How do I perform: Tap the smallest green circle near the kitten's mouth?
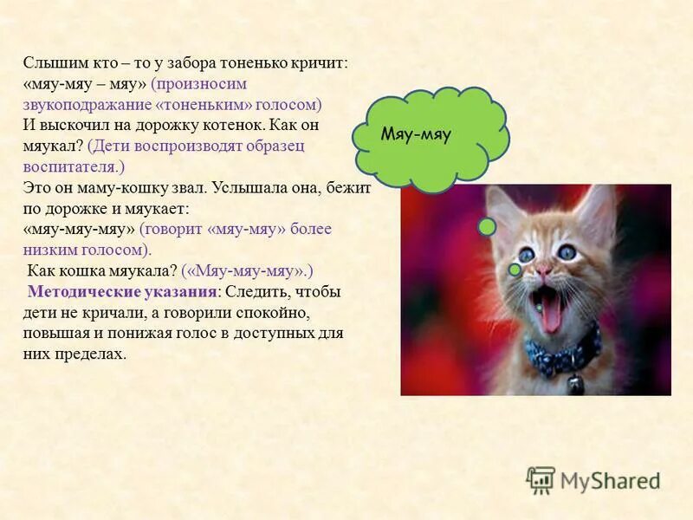539,307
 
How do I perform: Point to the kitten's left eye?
528,254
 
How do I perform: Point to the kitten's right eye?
569,251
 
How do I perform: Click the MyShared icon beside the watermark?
541,479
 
